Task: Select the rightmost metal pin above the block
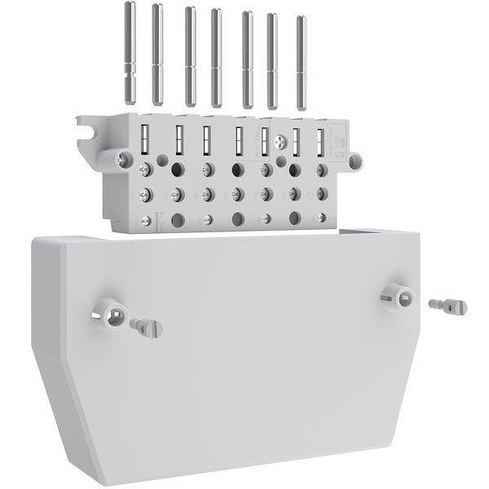click(301, 62)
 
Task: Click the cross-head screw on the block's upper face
click(281, 142)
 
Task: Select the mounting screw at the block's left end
click(125, 161)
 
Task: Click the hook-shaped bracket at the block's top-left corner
click(88, 130)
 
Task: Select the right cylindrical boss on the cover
click(398, 296)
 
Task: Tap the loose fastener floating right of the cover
click(447, 306)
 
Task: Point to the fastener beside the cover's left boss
click(147, 328)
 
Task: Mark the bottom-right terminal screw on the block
click(322, 218)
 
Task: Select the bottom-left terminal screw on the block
click(146, 220)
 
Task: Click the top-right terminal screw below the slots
click(322, 170)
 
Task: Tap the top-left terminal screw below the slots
click(145, 170)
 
